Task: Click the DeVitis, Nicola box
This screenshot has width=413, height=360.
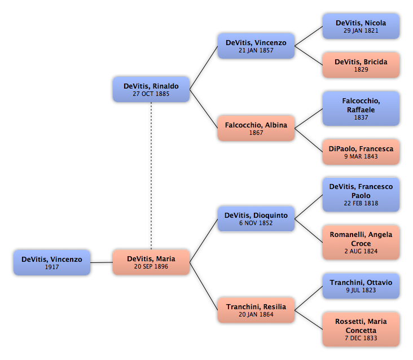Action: (361, 27)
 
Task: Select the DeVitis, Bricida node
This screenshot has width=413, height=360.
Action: (361, 65)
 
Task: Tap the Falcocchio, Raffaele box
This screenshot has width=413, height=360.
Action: (361, 108)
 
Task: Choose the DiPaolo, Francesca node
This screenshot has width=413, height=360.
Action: (361, 152)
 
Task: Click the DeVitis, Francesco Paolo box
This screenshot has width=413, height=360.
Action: (361, 195)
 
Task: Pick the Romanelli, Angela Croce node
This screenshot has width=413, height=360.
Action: (361, 243)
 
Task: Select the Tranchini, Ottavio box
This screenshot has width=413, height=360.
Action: (361, 286)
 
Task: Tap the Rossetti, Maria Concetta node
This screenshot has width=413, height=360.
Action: (361, 330)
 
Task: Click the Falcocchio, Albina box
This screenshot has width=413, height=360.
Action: (256, 128)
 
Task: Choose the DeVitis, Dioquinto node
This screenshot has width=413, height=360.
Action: (256, 219)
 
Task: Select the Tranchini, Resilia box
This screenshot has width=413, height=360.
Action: (256, 310)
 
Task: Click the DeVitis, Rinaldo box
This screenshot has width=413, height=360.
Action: (151, 90)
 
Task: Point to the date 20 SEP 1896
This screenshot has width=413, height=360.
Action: (151, 266)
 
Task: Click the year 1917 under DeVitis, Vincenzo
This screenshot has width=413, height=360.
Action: (52, 267)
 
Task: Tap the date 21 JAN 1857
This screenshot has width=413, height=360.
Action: (256, 50)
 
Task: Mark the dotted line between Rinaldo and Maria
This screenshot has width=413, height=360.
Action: (151, 176)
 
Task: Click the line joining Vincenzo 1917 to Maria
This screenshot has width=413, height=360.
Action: (102, 262)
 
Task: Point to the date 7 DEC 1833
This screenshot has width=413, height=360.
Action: (361, 338)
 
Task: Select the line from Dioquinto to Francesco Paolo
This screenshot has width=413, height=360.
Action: (309, 207)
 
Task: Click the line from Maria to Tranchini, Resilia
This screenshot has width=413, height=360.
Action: (204, 286)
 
